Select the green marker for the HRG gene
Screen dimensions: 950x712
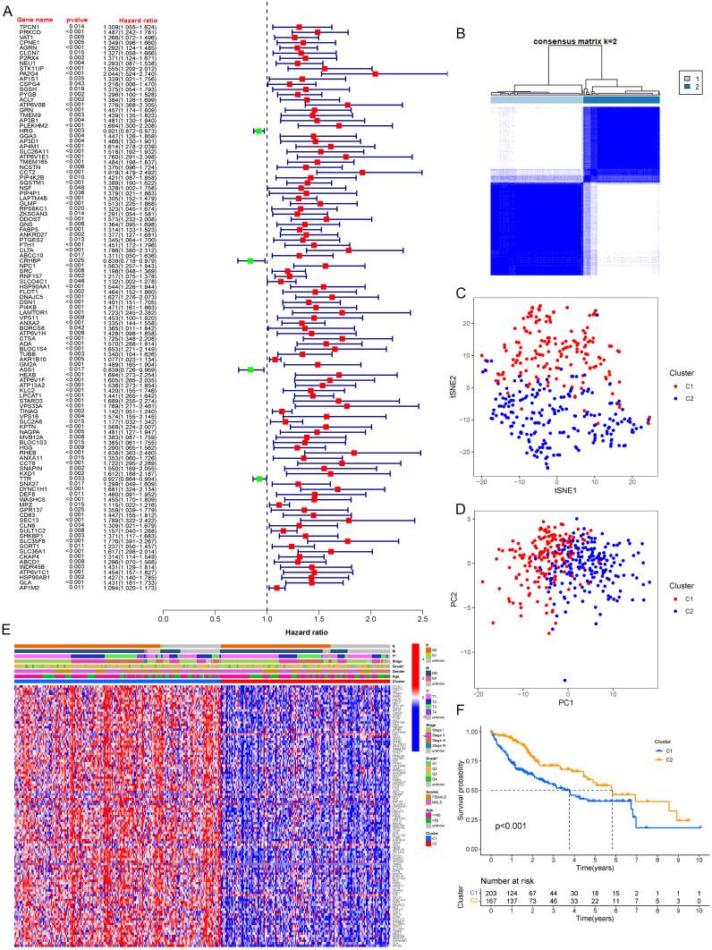pos(259,131)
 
